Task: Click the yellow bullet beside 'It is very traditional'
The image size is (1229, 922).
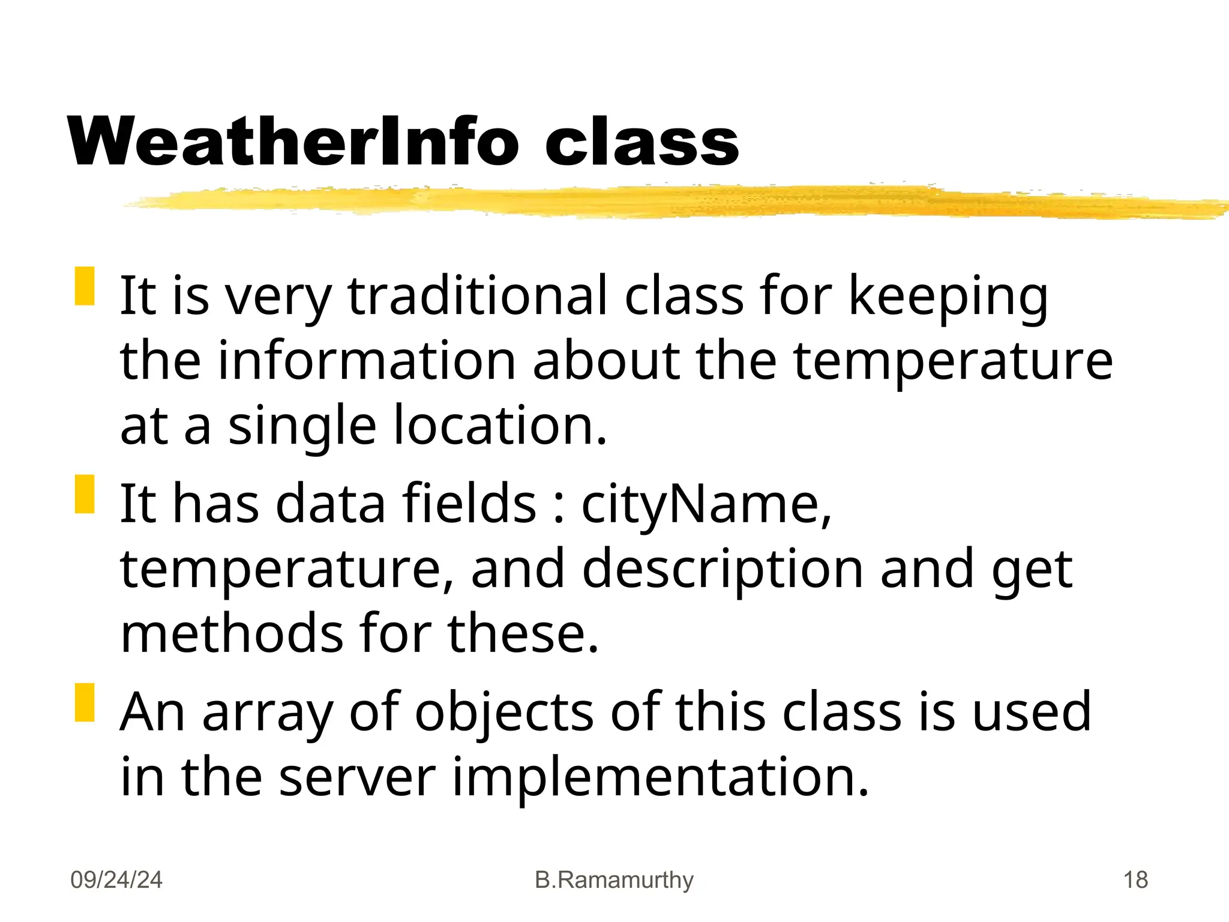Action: [x=85, y=286]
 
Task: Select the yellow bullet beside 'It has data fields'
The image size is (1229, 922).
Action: [x=85, y=494]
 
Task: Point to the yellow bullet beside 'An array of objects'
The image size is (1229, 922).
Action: [x=85, y=702]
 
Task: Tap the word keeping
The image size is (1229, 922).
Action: [x=948, y=297]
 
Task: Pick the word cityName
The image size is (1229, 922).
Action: [x=706, y=504]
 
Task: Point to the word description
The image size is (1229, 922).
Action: [x=723, y=570]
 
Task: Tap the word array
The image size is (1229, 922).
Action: [x=268, y=713]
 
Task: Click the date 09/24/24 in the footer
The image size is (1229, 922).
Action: [x=116, y=880]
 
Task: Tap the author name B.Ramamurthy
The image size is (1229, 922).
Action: [x=614, y=880]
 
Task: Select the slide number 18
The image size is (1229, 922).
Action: [x=1135, y=880]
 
